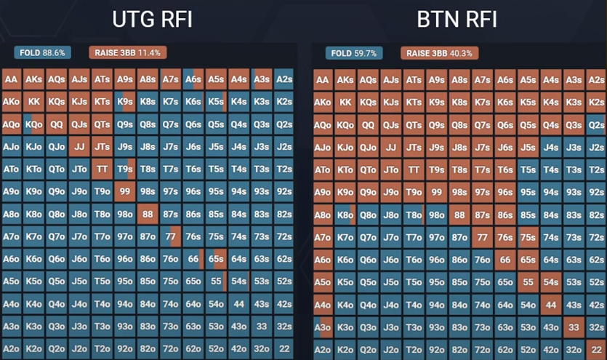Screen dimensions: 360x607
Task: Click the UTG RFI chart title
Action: pyautogui.click(x=152, y=19)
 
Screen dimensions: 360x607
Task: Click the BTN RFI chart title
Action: pyautogui.click(x=457, y=19)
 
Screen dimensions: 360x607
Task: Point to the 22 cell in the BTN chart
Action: pyautogui.click(x=596, y=349)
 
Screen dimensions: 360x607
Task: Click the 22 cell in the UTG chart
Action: pyautogui.click(x=284, y=349)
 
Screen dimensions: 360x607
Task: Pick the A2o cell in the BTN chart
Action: pyautogui.click(x=323, y=349)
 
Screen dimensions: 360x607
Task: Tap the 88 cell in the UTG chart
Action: pyautogui.click(x=148, y=215)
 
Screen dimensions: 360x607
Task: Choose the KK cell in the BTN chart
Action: pyautogui.click(x=345, y=103)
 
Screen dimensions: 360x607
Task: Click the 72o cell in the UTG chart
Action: pyautogui.click(x=171, y=349)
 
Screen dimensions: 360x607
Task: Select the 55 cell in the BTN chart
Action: pyautogui.click(x=528, y=282)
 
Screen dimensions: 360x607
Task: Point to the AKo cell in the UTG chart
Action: pyautogui.click(x=12, y=103)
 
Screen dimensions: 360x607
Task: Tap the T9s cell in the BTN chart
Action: pyautogui.click(x=437, y=170)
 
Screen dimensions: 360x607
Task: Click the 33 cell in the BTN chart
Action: pyautogui.click(x=574, y=327)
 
